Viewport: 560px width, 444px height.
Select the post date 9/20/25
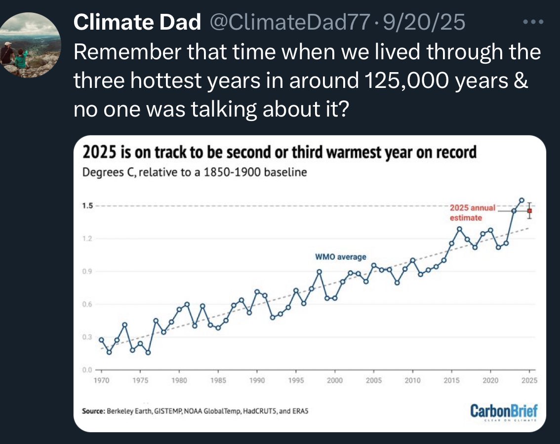[423, 23]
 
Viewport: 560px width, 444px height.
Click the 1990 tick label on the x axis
[257, 380]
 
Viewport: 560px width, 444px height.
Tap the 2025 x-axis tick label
[529, 380]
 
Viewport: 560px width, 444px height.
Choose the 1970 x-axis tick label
[101, 380]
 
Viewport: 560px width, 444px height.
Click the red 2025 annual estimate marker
[529, 211]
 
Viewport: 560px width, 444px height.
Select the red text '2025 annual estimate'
[472, 212]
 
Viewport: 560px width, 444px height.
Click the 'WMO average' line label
[341, 257]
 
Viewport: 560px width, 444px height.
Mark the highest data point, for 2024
[521, 201]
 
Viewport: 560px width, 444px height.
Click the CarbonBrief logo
[503, 411]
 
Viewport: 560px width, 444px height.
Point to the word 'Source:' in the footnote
[93, 411]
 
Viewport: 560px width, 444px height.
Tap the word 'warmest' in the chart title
[351, 153]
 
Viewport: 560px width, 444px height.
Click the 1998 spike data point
[320, 272]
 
